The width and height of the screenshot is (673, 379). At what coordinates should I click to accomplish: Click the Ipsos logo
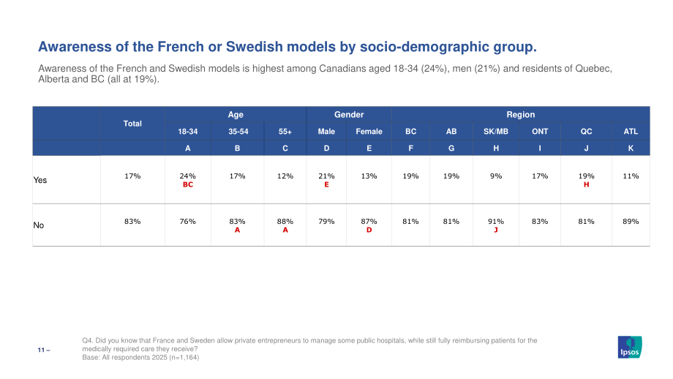[x=630, y=347]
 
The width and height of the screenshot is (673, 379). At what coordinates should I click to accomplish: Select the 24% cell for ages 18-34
[x=187, y=176]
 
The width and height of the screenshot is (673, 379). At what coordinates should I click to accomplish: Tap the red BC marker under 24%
[x=188, y=184]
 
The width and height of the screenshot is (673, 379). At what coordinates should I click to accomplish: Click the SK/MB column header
[x=496, y=132]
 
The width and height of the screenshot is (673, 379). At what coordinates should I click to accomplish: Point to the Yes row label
[x=40, y=180]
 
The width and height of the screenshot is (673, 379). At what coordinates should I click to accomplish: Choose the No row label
[x=39, y=225]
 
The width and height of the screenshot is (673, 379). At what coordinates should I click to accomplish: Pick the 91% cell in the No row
[x=496, y=222]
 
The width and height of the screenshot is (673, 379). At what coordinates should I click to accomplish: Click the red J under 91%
[x=496, y=230]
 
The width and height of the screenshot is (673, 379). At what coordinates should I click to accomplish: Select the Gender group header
[x=349, y=115]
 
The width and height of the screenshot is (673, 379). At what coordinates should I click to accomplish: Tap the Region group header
[x=521, y=115]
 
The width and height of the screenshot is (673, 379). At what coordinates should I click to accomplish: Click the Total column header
[x=132, y=124]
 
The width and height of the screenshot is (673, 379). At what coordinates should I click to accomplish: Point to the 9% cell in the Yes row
[x=496, y=176]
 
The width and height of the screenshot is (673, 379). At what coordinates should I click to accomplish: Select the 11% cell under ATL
[x=631, y=176]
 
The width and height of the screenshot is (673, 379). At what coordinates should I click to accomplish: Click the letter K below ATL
[x=631, y=148]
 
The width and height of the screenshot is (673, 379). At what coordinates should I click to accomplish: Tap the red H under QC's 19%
[x=586, y=184]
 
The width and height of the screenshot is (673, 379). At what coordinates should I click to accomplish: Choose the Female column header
[x=369, y=132]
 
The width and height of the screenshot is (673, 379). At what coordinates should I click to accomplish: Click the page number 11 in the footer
[x=41, y=350]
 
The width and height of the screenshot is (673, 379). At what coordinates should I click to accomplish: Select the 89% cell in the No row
[x=631, y=222]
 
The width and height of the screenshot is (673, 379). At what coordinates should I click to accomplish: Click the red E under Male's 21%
[x=327, y=184]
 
